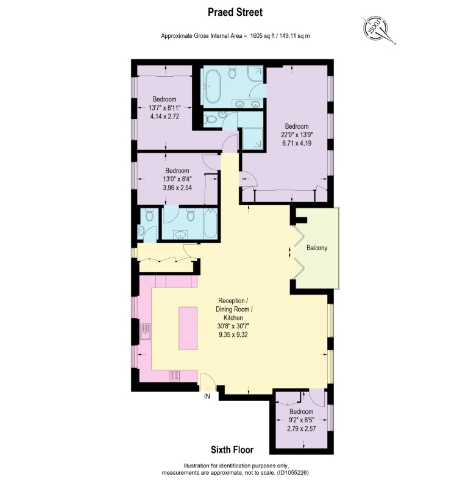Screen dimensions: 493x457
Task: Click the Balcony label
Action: (317, 248)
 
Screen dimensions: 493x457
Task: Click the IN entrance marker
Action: (208, 396)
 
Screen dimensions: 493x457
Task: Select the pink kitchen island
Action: (188, 328)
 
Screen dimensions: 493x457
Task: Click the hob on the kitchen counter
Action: (175, 376)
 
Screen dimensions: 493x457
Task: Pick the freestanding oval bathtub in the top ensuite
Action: (213, 87)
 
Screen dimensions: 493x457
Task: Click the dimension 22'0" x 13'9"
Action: (297, 135)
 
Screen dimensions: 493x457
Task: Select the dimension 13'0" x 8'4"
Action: (176, 179)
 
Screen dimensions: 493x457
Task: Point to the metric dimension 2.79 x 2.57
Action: (301, 428)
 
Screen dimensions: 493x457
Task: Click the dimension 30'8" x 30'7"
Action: (233, 326)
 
